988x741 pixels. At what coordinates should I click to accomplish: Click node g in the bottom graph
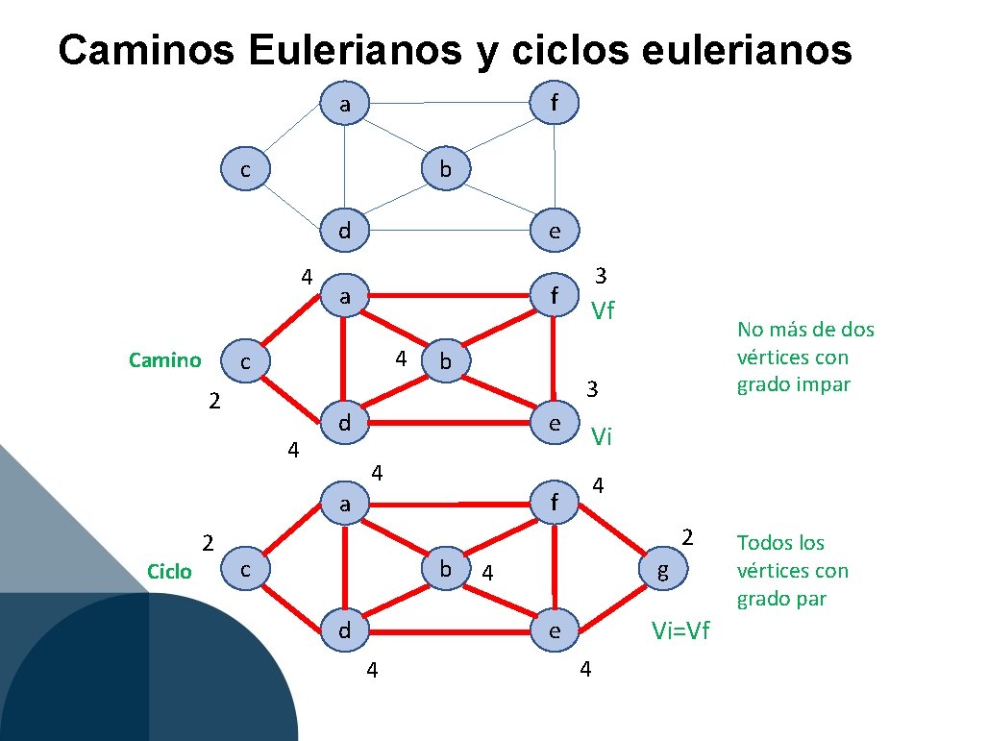[x=662, y=571]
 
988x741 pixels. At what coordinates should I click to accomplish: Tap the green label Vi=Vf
[x=680, y=630]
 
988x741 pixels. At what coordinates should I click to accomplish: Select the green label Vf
[x=603, y=310]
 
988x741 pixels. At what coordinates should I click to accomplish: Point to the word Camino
[x=165, y=360]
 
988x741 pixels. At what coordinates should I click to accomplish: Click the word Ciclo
[x=169, y=572]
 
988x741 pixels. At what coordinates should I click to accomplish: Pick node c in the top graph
[x=246, y=169]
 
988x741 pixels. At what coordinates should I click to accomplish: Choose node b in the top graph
[x=445, y=169]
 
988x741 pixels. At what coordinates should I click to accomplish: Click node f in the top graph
[x=555, y=102]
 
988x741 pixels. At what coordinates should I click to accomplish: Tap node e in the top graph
[x=555, y=231]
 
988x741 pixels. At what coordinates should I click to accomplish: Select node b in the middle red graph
[x=445, y=361]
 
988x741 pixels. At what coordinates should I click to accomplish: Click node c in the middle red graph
[x=246, y=362]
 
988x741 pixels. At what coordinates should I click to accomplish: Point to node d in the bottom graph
[x=344, y=630]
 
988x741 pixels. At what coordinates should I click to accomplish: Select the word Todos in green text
[x=767, y=543]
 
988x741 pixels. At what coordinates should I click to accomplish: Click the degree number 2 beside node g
[x=686, y=535]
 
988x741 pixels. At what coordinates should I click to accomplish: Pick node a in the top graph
[x=344, y=102]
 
